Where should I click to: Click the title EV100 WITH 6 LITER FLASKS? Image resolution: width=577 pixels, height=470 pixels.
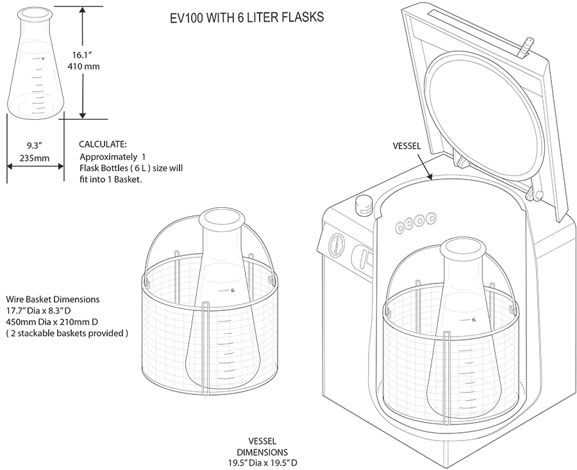click(247, 18)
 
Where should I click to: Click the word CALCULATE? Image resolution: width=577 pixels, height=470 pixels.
click(103, 144)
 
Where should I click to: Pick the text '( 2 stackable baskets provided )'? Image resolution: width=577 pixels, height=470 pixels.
click(67, 333)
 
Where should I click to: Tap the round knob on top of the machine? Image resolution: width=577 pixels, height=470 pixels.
click(364, 205)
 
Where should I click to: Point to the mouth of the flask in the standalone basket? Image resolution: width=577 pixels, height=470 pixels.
click(222, 218)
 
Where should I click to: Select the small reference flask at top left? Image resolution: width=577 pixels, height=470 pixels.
click(36, 64)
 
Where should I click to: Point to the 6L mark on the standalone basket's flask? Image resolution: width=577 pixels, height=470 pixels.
click(231, 290)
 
